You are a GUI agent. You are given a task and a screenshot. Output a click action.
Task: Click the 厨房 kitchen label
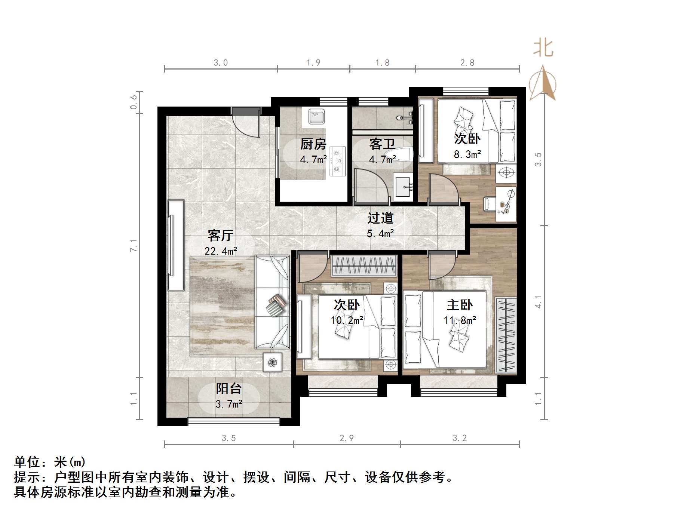pos(313,144)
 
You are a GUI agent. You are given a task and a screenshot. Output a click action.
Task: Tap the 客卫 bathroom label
pos(382,144)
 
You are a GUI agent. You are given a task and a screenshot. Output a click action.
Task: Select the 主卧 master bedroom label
pos(460,305)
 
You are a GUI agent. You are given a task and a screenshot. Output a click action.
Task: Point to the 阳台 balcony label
pos(228,388)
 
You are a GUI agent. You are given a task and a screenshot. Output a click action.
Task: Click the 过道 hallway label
pos(380,218)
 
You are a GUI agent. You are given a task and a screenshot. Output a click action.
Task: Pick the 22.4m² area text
pos(221,251)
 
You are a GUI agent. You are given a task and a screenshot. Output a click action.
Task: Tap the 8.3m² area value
pos(467,154)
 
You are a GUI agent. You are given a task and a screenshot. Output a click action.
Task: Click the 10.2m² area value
pos(347,320)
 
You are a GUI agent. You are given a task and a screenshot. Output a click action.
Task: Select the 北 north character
pos(543,49)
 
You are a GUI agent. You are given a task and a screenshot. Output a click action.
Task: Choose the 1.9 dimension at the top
pos(313,63)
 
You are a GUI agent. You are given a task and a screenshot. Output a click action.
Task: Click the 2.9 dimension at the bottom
pos(346,438)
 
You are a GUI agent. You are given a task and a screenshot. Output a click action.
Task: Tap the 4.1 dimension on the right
pos(538,302)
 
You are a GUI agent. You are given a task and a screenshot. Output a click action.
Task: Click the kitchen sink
pos(316,116)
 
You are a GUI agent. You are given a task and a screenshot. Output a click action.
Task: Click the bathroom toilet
pos(400,155)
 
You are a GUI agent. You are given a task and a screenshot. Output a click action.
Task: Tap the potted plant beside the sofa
pos(272,362)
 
